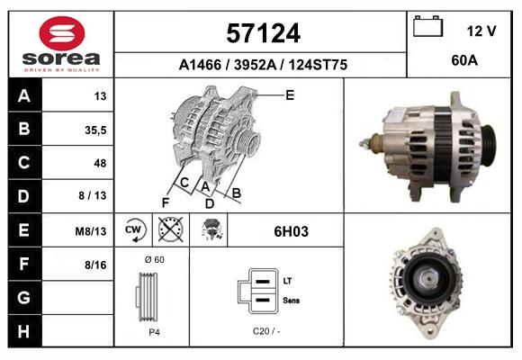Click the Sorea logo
tap(61, 43)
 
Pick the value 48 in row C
tap(99, 163)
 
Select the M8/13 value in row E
tap(91, 230)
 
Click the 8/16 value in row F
tap(95, 264)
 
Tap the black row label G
tap(24, 297)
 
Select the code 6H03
tap(291, 231)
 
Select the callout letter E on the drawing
tap(290, 94)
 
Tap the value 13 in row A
tap(100, 95)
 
